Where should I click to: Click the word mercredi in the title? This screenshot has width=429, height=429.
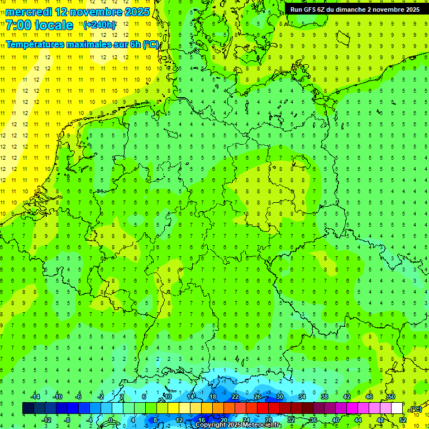tap(28, 12)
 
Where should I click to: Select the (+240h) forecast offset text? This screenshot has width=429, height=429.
tap(99, 25)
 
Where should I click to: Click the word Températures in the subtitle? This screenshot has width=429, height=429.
tap(36, 44)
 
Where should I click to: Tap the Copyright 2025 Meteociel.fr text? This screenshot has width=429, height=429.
tap(237, 425)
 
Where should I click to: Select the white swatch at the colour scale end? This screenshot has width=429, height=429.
tap(397, 408)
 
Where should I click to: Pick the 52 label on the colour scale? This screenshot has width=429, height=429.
tap(403, 420)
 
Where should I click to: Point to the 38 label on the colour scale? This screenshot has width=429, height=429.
tap(325, 397)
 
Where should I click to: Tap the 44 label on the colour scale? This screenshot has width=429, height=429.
tap(358, 420)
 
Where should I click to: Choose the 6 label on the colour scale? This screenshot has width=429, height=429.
tap(144, 397)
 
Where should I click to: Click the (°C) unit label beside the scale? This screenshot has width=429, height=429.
tap(415, 409)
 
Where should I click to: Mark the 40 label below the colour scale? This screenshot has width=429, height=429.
tap(336, 420)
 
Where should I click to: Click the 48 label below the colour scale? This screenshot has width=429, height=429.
tap(380, 420)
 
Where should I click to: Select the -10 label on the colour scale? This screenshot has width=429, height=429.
tap(57, 397)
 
